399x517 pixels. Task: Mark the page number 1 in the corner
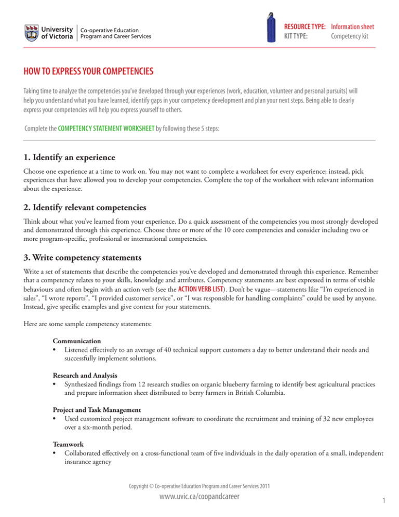tap(374, 503)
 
